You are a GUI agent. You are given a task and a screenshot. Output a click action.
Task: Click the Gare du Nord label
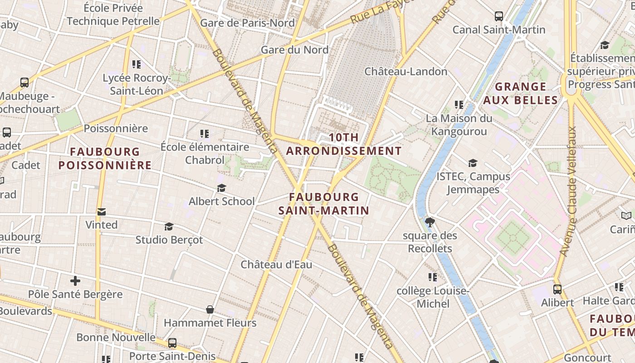(294, 49)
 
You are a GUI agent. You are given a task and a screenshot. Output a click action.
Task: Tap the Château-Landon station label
(405, 71)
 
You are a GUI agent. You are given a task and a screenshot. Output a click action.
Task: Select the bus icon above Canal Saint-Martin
(499, 16)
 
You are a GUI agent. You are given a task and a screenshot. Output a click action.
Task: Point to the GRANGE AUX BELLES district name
(520, 93)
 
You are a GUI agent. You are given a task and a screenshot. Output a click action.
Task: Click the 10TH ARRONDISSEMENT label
(344, 144)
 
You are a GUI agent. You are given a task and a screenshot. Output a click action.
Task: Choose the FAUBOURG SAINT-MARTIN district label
(324, 204)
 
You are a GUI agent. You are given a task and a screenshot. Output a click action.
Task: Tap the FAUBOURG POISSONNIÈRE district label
(105, 158)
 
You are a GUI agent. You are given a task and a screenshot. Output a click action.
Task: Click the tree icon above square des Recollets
(430, 222)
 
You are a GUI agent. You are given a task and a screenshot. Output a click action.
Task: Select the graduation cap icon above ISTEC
(473, 163)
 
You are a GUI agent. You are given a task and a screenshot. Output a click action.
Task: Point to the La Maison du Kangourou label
(459, 125)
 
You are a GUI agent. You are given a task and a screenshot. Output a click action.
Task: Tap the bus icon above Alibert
(557, 289)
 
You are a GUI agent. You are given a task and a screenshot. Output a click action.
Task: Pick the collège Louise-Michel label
(433, 297)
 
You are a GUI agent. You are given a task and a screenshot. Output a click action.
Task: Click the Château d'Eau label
(276, 265)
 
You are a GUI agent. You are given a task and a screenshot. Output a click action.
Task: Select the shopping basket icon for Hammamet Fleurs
(210, 309)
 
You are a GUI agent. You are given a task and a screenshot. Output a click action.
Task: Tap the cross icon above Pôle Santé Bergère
(75, 281)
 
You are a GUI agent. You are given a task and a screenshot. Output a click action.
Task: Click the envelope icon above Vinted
(102, 212)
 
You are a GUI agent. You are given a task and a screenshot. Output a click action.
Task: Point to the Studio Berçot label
(169, 240)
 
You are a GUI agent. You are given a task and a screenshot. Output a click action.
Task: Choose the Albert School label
(221, 201)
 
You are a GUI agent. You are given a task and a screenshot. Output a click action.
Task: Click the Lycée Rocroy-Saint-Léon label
(137, 84)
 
